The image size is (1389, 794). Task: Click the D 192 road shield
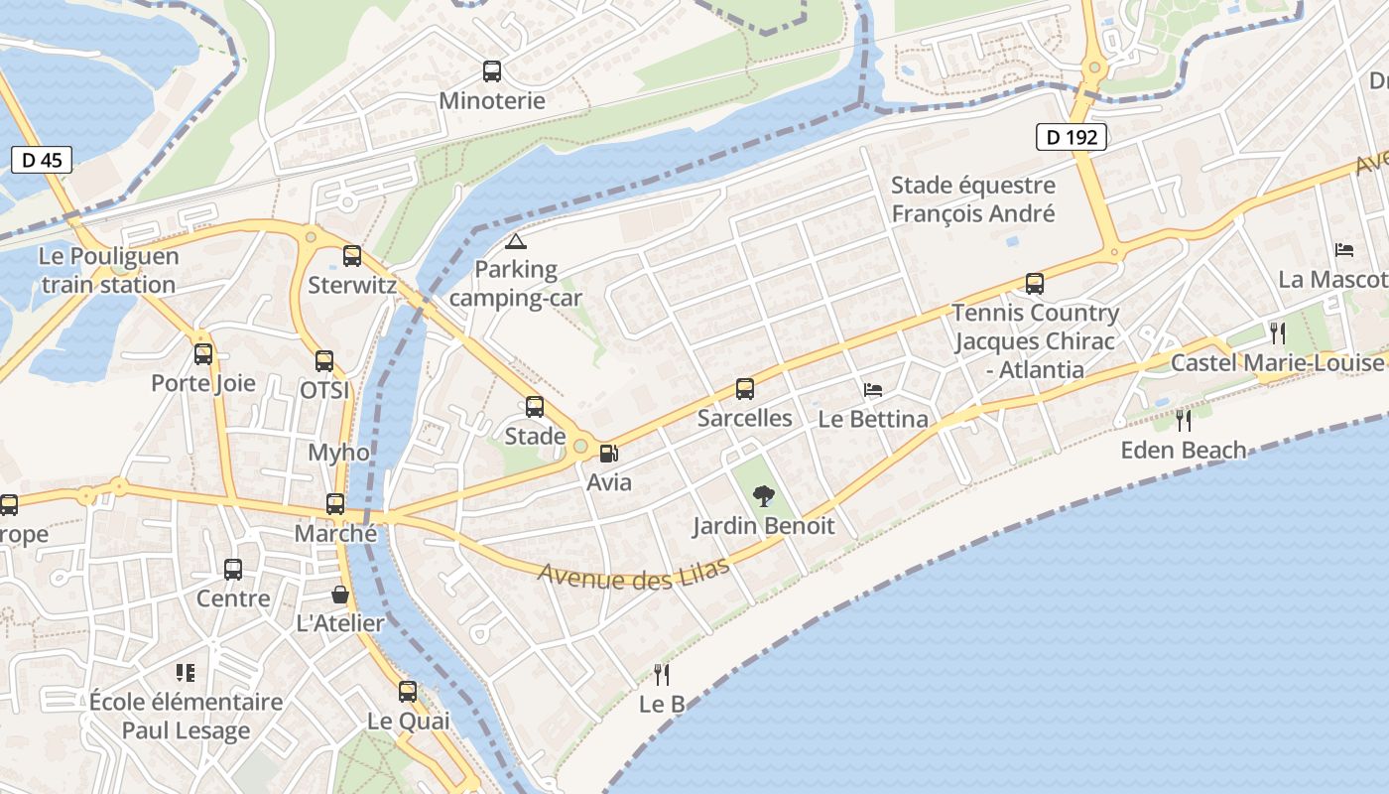(1072, 137)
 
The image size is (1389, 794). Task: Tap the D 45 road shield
(42, 159)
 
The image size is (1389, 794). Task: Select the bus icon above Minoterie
(492, 71)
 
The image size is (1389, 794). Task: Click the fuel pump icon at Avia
(609, 454)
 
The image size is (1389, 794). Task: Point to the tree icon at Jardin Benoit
(763, 495)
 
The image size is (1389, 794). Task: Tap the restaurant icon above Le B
(662, 675)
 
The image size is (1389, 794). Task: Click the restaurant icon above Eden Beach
(1183, 421)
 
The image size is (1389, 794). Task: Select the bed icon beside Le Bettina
(873, 390)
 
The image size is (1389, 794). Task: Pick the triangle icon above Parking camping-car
(515, 241)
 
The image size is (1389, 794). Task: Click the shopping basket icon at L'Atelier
(340, 595)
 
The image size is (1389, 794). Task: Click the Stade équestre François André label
(972, 199)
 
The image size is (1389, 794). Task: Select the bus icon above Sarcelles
(745, 389)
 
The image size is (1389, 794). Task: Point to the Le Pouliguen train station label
(109, 271)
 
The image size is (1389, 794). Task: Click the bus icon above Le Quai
(408, 692)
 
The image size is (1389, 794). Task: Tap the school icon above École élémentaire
(186, 673)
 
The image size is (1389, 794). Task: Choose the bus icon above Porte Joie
(203, 354)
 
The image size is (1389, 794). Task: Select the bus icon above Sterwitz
(352, 256)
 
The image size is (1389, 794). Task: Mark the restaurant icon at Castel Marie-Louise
(1277, 332)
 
